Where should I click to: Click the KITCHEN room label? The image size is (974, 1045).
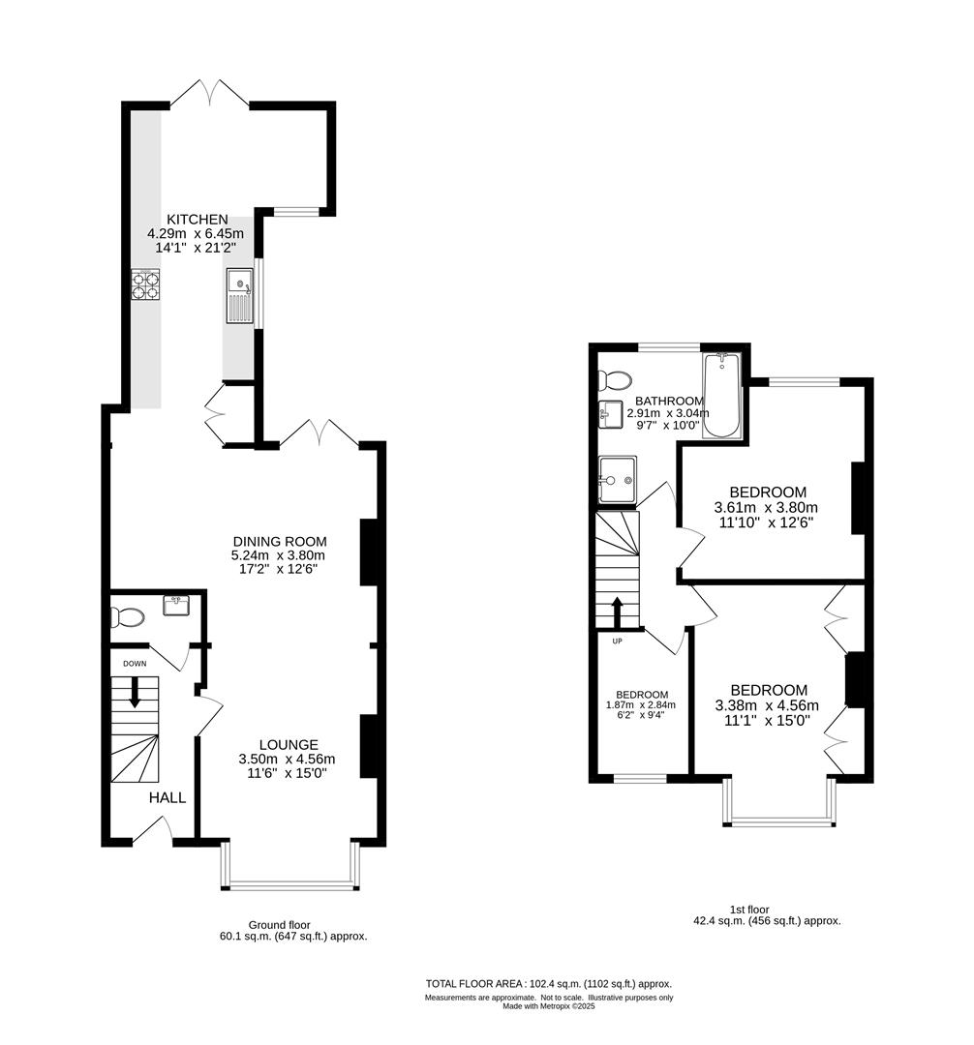(198, 220)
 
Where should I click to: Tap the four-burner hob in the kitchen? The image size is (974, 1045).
(145, 284)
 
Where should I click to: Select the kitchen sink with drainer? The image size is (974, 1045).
(240, 295)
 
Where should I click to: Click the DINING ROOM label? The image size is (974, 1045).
(279, 541)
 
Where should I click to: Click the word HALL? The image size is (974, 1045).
(167, 798)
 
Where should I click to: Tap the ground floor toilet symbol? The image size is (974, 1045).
(128, 616)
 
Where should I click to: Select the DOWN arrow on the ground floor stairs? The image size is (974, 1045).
(135, 690)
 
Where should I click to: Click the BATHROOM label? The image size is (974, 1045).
(668, 401)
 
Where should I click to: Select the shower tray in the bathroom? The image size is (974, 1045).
(617, 479)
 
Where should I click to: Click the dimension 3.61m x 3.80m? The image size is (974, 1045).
(766, 508)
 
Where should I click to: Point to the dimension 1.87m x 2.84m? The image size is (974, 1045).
(643, 705)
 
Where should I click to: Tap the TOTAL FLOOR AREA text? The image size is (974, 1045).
(548, 983)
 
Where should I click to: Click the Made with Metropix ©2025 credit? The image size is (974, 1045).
(548, 1006)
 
